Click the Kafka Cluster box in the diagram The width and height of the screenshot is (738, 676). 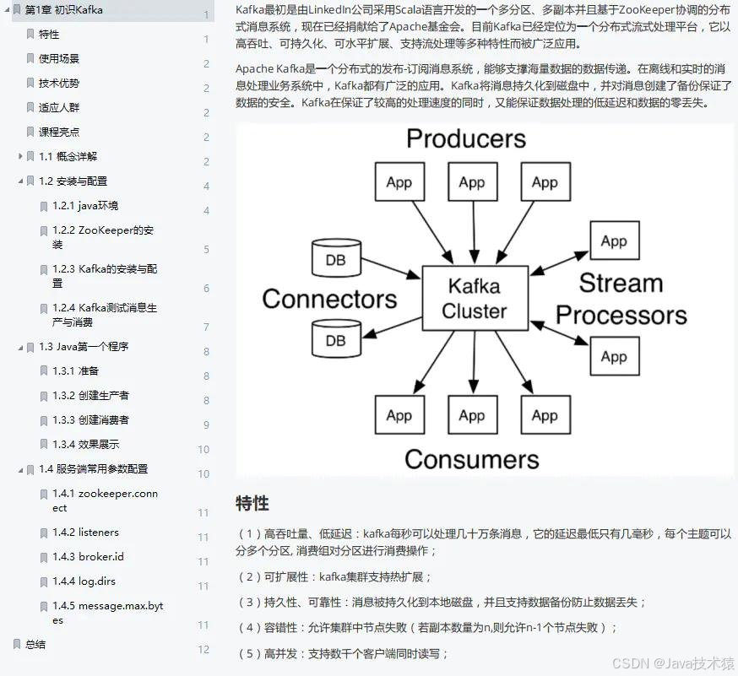[474, 298]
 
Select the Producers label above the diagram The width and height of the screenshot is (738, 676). [465, 138]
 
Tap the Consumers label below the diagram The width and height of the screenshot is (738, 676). [471, 459]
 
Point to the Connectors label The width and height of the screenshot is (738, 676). [329, 299]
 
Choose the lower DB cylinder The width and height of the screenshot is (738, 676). [335, 338]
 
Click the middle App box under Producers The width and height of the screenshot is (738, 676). [471, 182]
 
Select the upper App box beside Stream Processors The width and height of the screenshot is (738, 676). [613, 241]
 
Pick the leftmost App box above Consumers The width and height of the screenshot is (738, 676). [399, 415]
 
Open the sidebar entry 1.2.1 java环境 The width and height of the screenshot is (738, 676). [85, 205]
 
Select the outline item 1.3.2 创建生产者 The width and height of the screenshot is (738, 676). [90, 395]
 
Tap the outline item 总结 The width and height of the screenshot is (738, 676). [35, 644]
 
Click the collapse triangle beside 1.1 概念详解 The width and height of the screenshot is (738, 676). [20, 156]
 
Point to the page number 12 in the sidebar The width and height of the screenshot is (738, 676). [203, 649]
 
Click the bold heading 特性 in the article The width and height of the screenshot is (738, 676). [252, 504]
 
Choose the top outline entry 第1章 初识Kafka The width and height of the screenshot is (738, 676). [64, 9]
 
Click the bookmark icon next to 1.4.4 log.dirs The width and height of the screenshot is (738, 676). [44, 581]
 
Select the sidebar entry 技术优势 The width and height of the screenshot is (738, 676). [59, 83]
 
